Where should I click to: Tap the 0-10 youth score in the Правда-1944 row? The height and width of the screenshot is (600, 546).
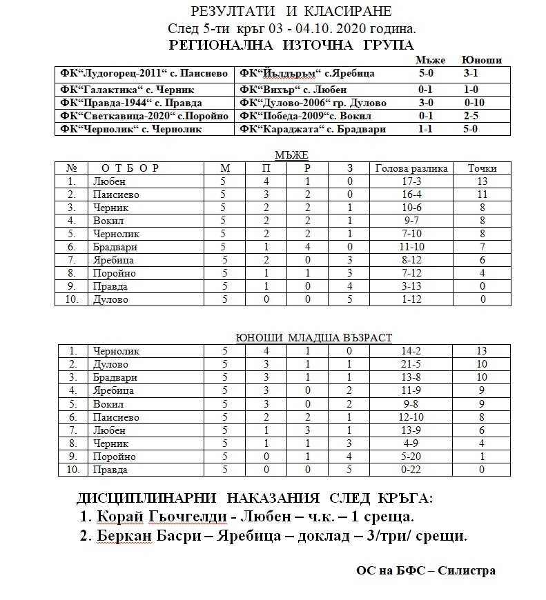(475, 103)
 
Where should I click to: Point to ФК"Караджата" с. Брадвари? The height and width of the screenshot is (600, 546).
(312, 129)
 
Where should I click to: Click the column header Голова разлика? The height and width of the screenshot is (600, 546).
(411, 168)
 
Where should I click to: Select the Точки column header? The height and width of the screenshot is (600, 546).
(482, 168)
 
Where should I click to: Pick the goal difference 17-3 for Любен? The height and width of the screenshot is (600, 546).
(411, 181)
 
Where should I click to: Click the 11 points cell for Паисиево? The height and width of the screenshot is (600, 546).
(482, 194)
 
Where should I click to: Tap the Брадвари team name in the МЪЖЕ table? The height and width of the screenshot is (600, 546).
(115, 247)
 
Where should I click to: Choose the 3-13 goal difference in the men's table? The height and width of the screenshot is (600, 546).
(411, 286)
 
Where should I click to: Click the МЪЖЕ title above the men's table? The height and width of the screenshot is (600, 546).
(291, 156)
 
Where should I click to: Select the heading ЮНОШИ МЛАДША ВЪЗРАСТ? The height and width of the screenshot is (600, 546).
(313, 338)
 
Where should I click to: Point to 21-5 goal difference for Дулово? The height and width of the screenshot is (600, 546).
(411, 364)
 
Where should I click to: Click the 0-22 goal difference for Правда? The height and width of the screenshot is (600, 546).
(411, 470)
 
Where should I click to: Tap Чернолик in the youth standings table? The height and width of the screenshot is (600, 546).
(116, 351)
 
